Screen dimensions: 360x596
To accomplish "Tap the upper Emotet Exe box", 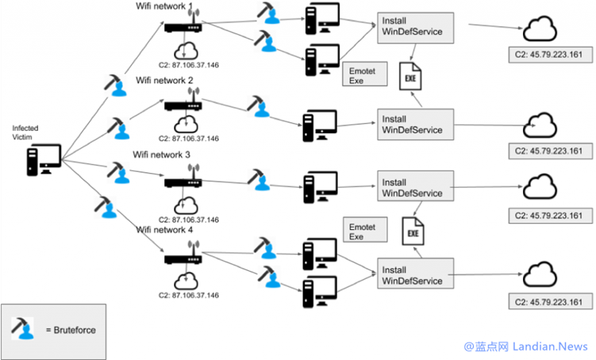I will click(364, 75).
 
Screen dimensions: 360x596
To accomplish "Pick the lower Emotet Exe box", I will click(364, 231).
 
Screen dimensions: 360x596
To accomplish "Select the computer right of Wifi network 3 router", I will click(320, 185).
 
